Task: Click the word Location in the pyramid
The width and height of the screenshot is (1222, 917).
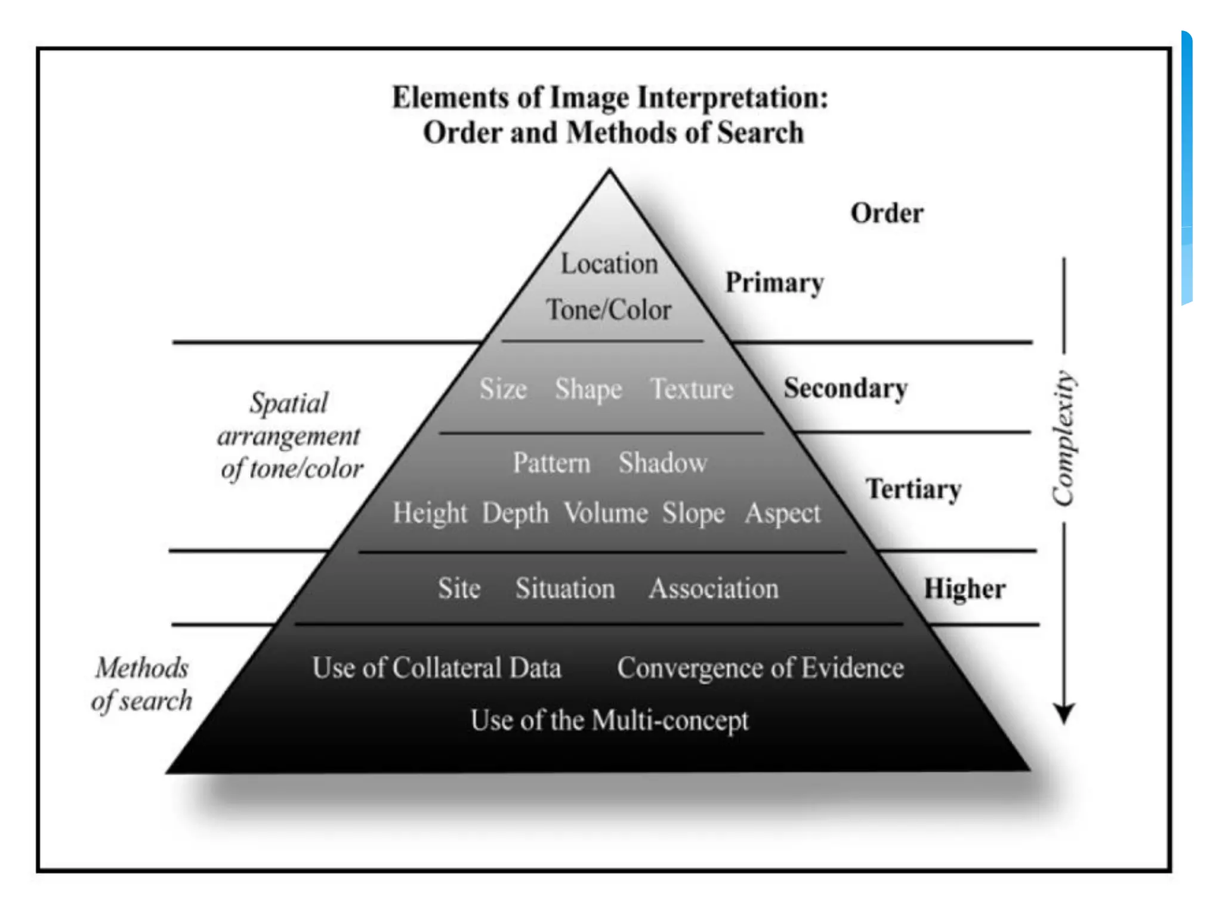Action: click(609, 264)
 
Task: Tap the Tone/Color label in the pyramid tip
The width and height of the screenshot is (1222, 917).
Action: click(609, 310)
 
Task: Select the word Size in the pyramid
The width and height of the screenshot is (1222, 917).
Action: click(503, 389)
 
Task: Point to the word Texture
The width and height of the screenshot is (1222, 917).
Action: click(692, 389)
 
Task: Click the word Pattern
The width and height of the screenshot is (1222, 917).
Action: click(552, 463)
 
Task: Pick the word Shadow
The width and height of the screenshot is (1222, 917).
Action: click(663, 463)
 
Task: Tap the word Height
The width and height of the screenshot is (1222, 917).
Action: click(430, 513)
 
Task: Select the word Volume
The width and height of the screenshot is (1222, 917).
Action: click(606, 513)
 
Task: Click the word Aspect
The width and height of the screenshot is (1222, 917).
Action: click(783, 513)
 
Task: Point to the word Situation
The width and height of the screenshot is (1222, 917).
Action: click(565, 589)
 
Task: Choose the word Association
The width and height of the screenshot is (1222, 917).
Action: click(714, 589)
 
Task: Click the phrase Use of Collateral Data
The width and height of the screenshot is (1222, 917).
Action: click(437, 667)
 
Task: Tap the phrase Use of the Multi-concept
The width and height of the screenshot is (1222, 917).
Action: click(609, 721)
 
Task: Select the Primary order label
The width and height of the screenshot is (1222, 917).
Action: click(774, 282)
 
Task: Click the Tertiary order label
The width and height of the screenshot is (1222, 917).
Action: click(914, 489)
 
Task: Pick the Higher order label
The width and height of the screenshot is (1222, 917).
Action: click(965, 589)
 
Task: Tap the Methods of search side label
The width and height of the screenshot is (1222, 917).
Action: click(142, 684)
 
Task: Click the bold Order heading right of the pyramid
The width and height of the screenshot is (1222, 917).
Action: click(887, 213)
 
